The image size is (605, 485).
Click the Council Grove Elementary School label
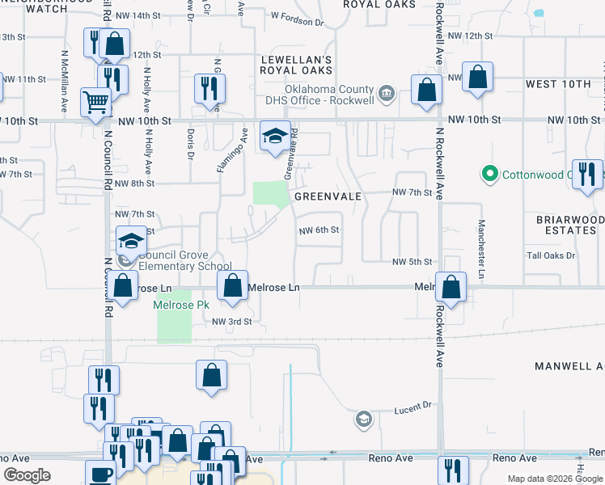tap(185, 260)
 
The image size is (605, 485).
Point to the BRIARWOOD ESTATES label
tap(570, 225)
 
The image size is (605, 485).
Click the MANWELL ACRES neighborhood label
tap(569, 366)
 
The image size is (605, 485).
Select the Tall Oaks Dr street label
tap(551, 255)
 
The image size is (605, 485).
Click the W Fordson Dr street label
tap(297, 15)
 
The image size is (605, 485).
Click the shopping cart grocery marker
tap(95, 103)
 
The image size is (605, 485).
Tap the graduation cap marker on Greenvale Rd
tap(274, 136)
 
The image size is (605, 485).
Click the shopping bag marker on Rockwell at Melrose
tap(451, 287)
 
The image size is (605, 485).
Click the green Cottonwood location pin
tap(489, 174)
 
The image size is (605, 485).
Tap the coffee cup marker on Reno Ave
tap(101, 474)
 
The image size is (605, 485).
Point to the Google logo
tap(27, 475)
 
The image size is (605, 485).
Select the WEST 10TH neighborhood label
tap(558, 84)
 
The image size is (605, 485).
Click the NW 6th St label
tap(319, 230)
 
